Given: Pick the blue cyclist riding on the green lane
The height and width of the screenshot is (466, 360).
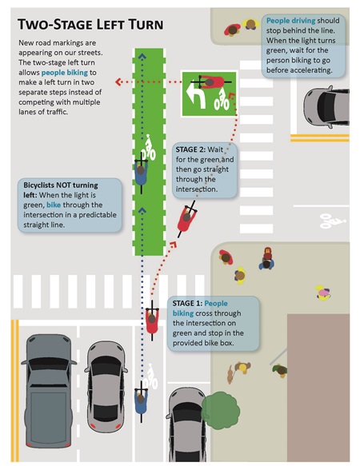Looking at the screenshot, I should pos(141,171).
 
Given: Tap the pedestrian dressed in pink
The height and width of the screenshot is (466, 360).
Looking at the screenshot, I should pos(323,293).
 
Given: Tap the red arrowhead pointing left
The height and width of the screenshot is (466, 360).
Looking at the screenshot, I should pos(118,82).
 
